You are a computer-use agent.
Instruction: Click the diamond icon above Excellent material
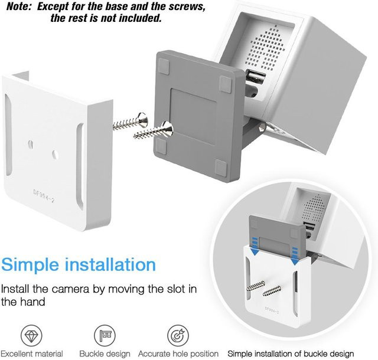pos(31,335)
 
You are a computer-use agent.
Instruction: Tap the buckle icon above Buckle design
pos(105,335)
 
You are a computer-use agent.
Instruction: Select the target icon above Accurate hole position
pos(178,335)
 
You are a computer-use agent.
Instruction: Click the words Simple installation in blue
pos(79,264)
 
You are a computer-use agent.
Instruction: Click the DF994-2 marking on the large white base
pos(44,196)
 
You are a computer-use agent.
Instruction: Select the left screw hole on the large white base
pos(31,145)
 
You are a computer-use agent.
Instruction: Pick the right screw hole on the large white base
pos(55,155)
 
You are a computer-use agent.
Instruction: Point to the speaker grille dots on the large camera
pos(264,50)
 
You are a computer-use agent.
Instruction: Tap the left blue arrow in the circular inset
pos(255,247)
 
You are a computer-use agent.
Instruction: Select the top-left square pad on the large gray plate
pos(164,66)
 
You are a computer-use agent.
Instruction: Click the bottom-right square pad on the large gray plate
pos(221,167)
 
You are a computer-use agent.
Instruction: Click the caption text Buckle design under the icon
pos(105,354)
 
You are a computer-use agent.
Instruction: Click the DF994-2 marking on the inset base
pos(272,310)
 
